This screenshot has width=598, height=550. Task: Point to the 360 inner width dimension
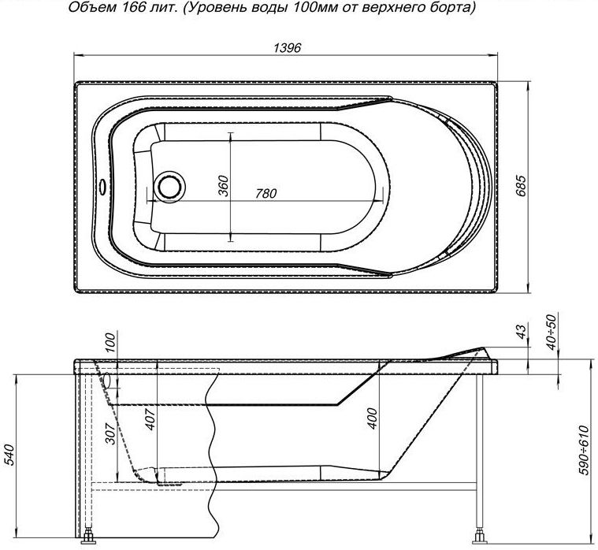(223, 186)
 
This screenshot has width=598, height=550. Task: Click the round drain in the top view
(169, 187)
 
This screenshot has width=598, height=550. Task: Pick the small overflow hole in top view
(102, 187)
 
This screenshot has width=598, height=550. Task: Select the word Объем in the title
(80, 9)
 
